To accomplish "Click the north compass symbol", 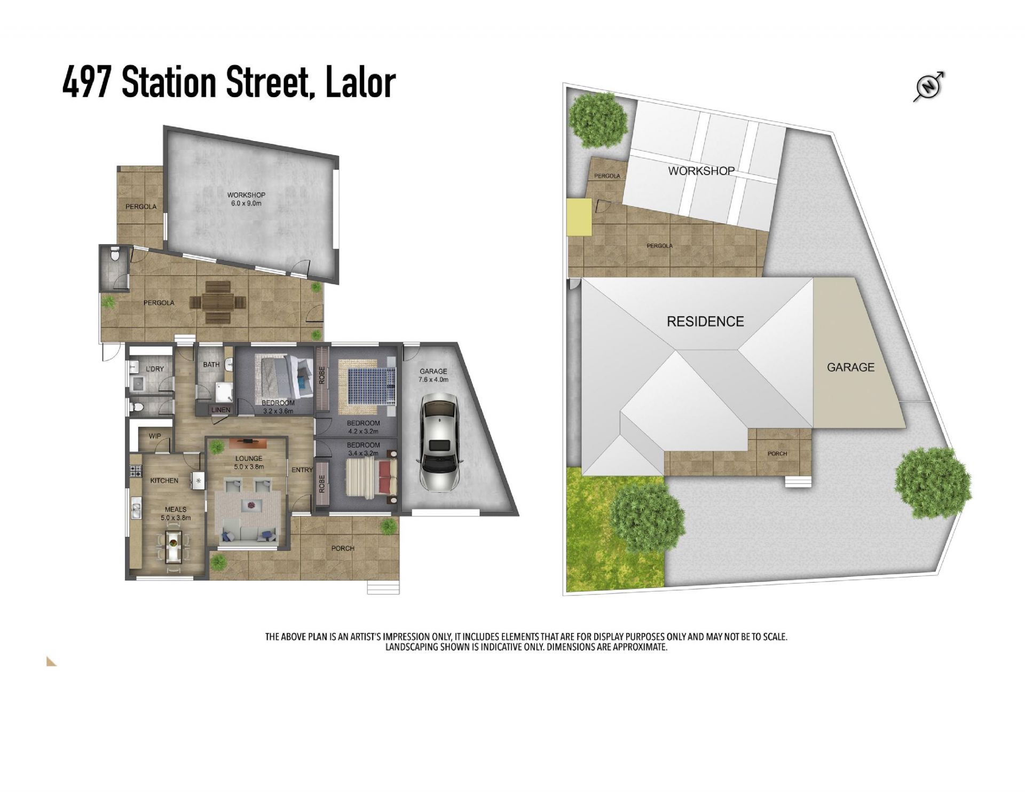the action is [929, 86].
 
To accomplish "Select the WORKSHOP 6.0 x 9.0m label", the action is [246, 199].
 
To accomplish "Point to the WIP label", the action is [155, 436].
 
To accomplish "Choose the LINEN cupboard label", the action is [221, 410].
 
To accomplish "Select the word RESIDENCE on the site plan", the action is [705, 321].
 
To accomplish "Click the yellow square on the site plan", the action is [579, 217].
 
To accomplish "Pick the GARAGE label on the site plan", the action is [850, 367].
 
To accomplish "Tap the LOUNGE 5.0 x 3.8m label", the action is [249, 462].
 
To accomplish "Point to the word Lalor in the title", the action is [360, 83].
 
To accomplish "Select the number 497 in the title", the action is [86, 83].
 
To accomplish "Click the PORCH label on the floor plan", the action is [343, 548].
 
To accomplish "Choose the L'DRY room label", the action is [155, 369].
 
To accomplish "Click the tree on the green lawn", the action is [647, 517].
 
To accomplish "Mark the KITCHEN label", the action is [164, 481].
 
